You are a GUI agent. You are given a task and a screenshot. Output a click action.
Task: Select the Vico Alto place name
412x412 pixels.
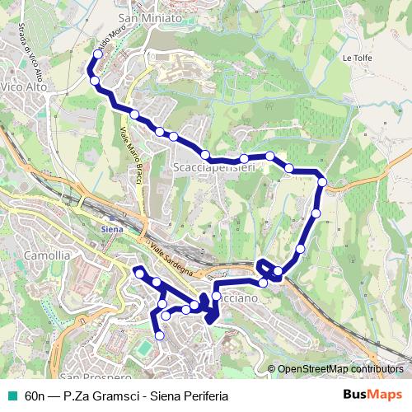tap(22, 86)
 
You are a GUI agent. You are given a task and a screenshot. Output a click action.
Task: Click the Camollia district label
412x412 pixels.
tap(48, 255)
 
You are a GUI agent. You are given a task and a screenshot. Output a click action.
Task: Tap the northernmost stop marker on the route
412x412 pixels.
tap(98, 54)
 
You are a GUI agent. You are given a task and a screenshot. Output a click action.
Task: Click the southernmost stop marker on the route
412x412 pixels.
tap(159, 335)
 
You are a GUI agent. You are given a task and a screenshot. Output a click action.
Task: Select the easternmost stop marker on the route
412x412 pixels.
tap(322, 182)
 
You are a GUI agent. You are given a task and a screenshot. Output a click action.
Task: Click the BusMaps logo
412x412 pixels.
tap(372, 395)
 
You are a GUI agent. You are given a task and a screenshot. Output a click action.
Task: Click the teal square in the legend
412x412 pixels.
tap(12, 395)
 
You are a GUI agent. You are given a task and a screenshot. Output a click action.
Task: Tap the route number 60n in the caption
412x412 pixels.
tap(35, 395)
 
